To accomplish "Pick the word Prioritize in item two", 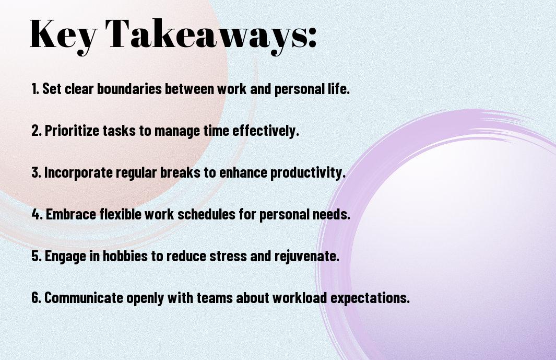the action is [73, 131].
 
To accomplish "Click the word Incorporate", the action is [78, 172].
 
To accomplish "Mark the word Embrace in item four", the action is [71, 214].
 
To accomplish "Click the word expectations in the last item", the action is [370, 298].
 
